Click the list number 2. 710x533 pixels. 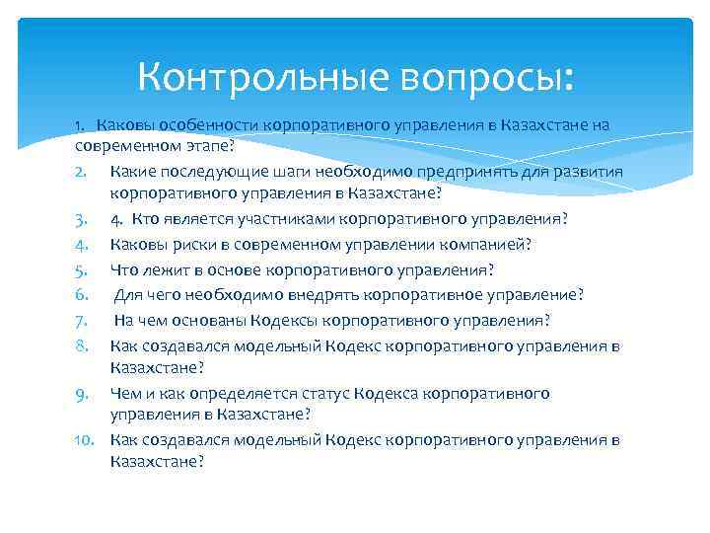tap(82, 171)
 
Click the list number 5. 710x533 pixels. tap(82, 268)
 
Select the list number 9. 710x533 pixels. tap(82, 393)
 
